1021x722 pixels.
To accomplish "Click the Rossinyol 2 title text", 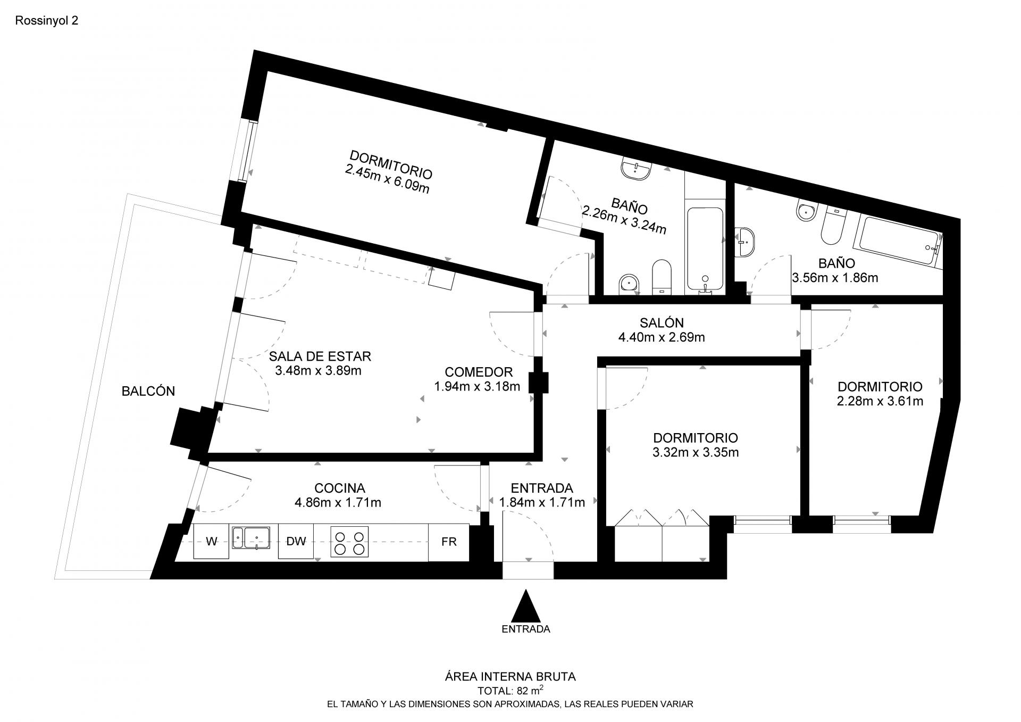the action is click(x=47, y=21).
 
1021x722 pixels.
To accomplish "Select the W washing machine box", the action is click(x=211, y=542).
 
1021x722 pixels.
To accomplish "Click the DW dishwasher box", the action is click(x=296, y=542).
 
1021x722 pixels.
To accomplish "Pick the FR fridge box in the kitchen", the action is click(x=449, y=542).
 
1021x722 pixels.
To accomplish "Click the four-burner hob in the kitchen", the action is click(x=349, y=542).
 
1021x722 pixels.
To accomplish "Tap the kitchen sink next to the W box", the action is click(x=251, y=537).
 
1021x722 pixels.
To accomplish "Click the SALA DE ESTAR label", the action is click(x=320, y=356).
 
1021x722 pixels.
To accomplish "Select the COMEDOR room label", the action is click(x=479, y=372).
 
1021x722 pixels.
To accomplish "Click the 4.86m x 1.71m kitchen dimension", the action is click(x=338, y=502).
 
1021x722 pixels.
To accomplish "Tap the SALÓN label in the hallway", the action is click(x=662, y=322).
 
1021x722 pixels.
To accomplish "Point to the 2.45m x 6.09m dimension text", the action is click(x=387, y=179).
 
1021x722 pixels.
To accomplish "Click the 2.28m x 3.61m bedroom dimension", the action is click(x=880, y=401).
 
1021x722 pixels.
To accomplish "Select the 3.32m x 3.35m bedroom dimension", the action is click(x=696, y=452).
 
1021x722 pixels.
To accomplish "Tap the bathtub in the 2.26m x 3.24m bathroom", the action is click(x=705, y=250).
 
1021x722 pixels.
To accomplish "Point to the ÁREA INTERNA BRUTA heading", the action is click(x=510, y=677).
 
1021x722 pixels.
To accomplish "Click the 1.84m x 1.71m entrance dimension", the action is click(x=542, y=502).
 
